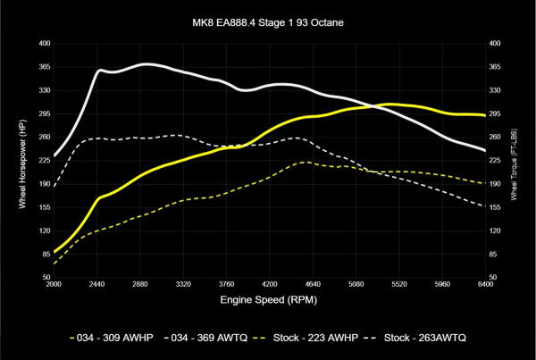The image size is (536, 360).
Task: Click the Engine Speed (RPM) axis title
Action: [x=268, y=302]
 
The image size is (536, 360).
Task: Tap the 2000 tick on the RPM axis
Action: [x=54, y=285]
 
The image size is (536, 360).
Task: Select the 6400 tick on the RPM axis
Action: [x=484, y=285]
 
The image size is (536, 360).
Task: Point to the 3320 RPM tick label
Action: [x=183, y=285]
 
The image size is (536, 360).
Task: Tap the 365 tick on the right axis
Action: [x=496, y=66]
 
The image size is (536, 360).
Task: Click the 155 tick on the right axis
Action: [x=496, y=207]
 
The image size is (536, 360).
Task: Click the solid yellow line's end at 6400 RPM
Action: [x=484, y=115]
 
